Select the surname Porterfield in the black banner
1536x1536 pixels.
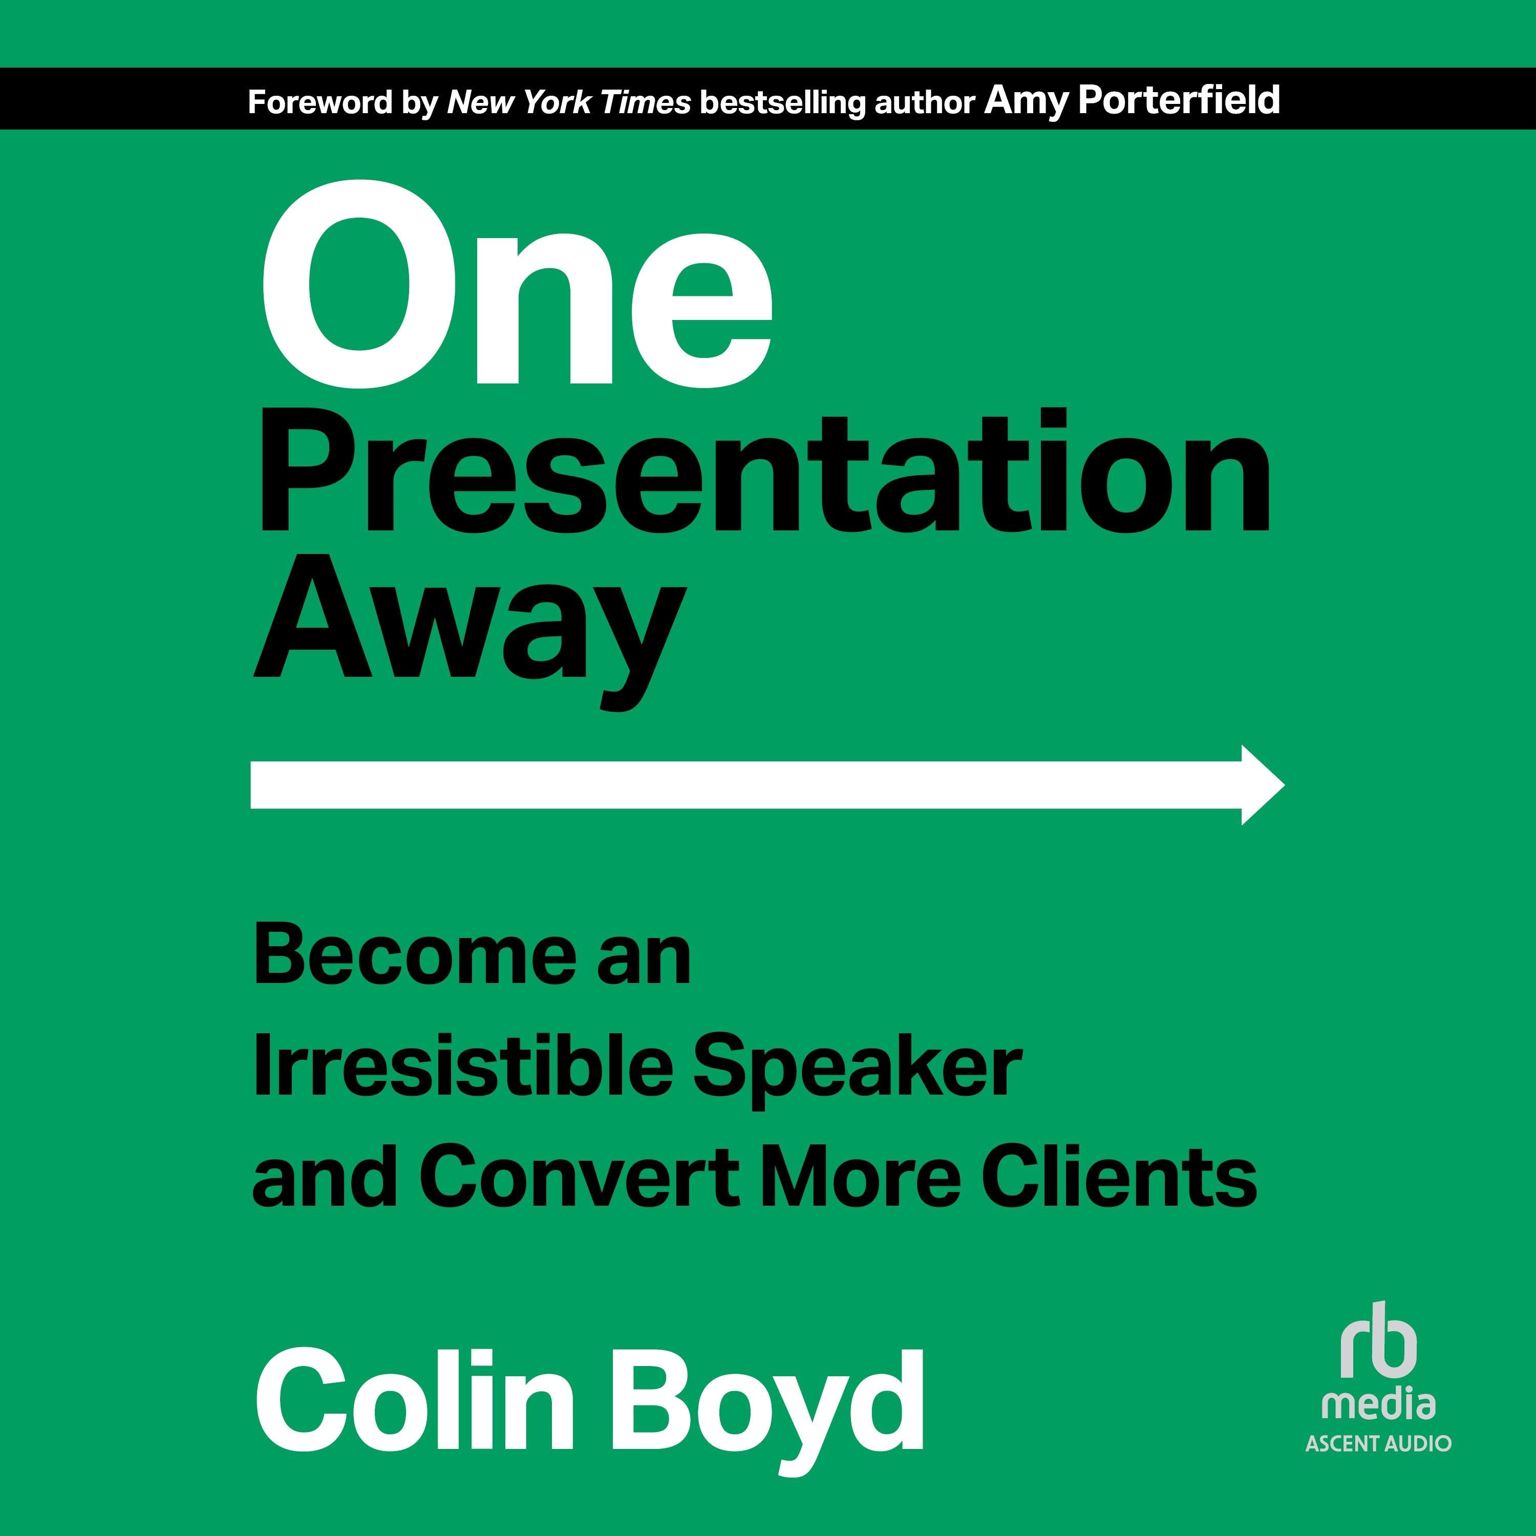click(1178, 101)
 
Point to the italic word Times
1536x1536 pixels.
click(645, 102)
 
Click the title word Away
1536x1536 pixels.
click(469, 628)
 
